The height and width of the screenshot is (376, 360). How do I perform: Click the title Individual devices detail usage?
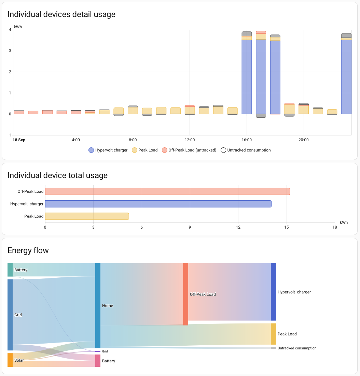[x=61, y=14]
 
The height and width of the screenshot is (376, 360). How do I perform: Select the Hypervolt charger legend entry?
[x=108, y=150]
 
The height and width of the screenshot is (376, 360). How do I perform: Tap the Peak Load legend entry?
[x=144, y=150]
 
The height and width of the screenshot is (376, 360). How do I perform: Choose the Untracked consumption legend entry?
[x=246, y=150]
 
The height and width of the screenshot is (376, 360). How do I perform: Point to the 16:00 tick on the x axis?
[x=247, y=140]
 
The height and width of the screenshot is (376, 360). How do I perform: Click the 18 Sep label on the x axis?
[x=19, y=140]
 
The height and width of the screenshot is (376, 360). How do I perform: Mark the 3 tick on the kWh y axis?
[x=10, y=51]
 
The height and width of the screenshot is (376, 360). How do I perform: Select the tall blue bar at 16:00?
[x=247, y=77]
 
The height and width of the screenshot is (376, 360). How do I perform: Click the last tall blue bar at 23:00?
[x=346, y=77]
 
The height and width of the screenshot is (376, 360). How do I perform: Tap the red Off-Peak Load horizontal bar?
[x=167, y=191]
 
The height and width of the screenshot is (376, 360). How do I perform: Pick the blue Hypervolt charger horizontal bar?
[x=158, y=204]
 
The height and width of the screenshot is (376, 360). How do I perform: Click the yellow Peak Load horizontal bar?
[x=87, y=216]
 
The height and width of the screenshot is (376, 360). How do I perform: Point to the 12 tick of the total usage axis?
[x=238, y=227]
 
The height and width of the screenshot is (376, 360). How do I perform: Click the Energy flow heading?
[x=28, y=250]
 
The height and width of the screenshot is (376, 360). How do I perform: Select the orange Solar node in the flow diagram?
[x=10, y=360]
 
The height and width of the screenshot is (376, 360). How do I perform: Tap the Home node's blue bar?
[x=98, y=305]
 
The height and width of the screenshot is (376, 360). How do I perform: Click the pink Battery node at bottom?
[x=98, y=361]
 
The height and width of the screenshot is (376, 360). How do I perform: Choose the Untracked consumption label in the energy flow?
[x=297, y=348]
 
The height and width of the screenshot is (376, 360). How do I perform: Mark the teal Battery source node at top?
[x=10, y=270]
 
